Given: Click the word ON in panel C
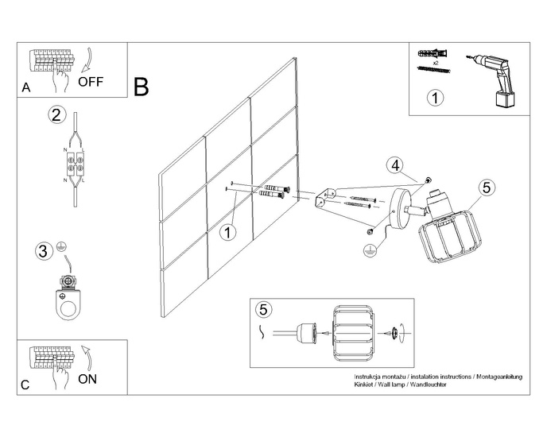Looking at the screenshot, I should pyautogui.click(x=88, y=379).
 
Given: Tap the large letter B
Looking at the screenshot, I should pyautogui.click(x=142, y=86).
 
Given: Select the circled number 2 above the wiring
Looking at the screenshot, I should pyautogui.click(x=56, y=114).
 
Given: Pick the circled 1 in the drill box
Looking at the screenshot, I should pyautogui.click(x=434, y=99).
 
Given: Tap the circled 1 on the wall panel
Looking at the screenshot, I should pyautogui.click(x=228, y=232).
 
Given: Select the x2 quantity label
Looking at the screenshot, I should pyautogui.click(x=436, y=61).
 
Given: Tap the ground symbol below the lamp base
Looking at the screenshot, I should pyautogui.click(x=368, y=250).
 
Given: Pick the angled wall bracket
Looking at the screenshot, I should pyautogui.click(x=326, y=198).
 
